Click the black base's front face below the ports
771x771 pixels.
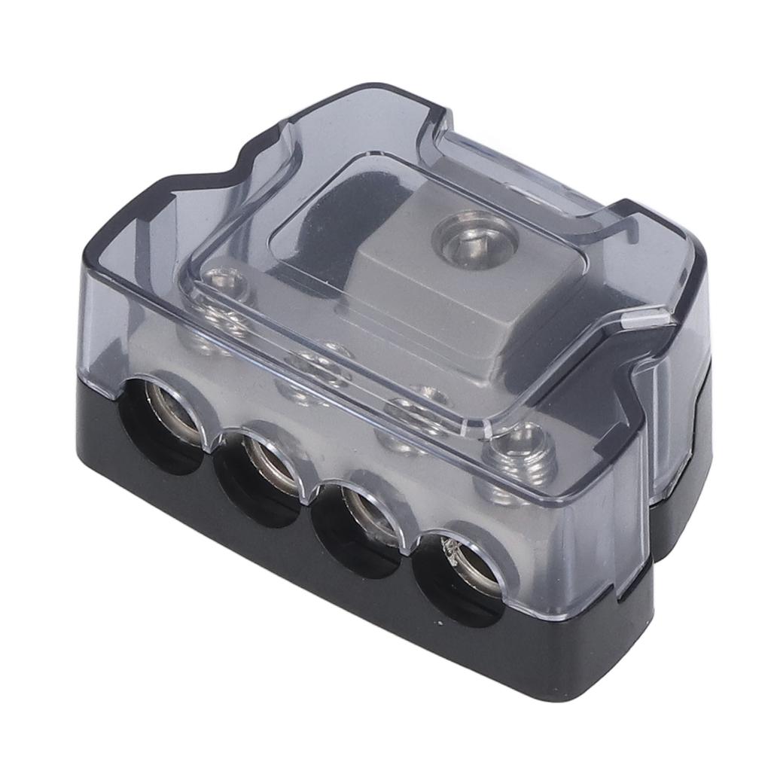[301, 572]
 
